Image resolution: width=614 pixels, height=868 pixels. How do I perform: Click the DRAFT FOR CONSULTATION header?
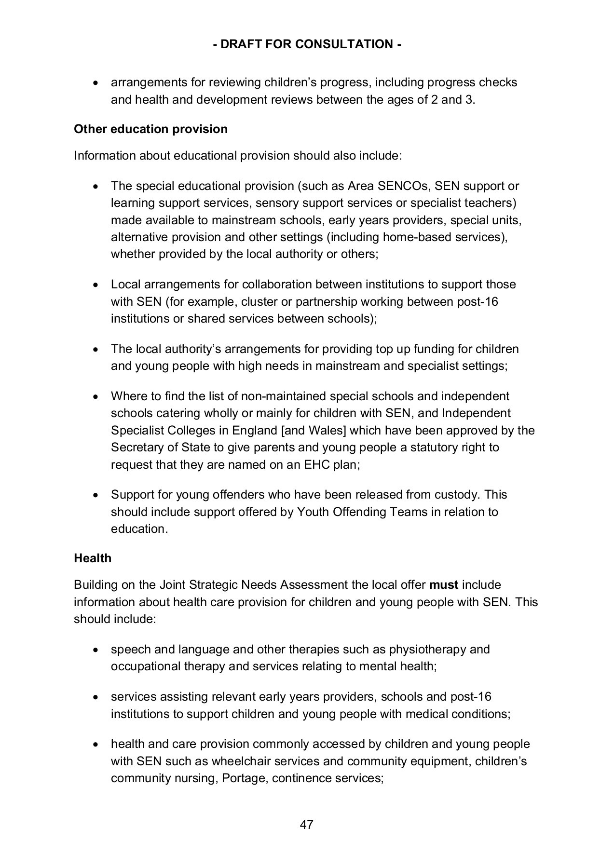pos(307,44)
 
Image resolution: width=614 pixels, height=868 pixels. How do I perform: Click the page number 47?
pos(307,825)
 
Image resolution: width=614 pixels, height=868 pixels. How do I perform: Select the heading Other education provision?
pos(150,129)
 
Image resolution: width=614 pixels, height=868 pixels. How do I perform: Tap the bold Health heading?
pos(93,558)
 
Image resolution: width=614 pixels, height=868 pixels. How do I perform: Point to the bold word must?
pos(443,585)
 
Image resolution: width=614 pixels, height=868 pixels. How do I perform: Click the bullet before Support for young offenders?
pos(97,495)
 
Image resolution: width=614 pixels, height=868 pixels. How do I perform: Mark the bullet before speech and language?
pos(97,650)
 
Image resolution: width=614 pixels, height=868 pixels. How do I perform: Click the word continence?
pos(301,778)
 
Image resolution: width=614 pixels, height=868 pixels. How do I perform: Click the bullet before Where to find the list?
pos(97,397)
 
